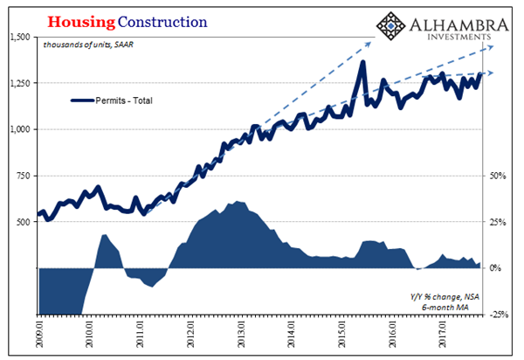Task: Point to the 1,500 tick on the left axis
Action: (x=17, y=37)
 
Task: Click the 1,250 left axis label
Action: (x=17, y=83)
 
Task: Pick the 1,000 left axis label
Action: (x=17, y=129)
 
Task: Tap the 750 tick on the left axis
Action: (x=22, y=176)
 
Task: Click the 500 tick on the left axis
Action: (x=22, y=222)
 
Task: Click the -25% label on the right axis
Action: (x=498, y=315)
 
